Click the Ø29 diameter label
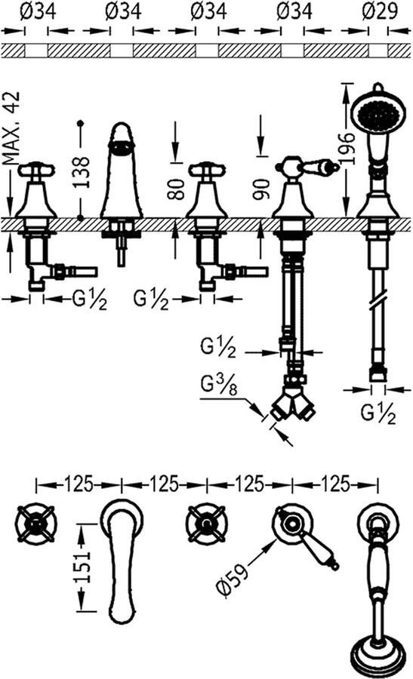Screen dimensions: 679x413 375,11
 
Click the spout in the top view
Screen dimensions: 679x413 121,558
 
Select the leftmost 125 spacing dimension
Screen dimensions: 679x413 79,481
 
